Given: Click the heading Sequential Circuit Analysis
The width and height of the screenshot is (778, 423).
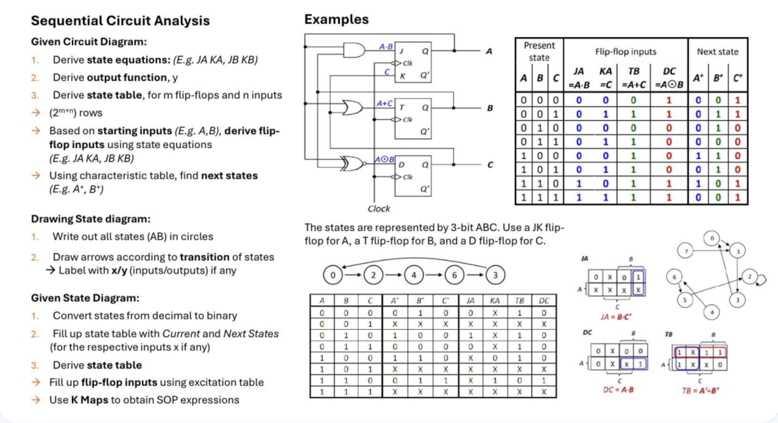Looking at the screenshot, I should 121,20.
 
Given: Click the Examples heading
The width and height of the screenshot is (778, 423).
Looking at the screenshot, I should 336,19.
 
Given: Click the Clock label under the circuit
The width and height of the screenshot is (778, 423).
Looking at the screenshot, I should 379,209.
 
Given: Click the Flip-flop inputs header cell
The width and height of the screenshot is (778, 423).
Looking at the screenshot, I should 625,51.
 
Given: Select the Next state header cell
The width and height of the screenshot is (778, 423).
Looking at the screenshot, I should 717,51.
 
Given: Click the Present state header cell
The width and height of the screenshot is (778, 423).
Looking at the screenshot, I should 539,51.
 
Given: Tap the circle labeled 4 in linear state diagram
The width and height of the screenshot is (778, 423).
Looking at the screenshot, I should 413,275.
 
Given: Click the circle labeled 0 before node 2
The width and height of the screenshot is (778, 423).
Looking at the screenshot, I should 332,275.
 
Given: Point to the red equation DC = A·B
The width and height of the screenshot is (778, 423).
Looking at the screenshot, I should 615,389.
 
